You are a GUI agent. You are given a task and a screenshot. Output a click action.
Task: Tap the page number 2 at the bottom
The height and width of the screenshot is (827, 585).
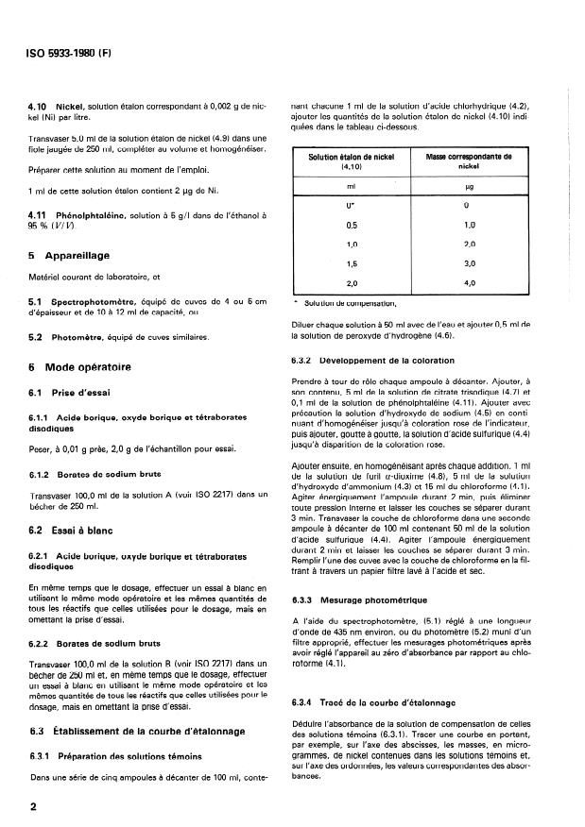pyautogui.click(x=33, y=807)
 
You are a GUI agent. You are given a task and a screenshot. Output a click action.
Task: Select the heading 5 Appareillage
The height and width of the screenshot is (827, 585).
pyautogui.click(x=71, y=255)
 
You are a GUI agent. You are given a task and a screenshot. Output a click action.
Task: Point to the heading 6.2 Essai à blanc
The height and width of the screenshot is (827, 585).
pyautogui.click(x=73, y=531)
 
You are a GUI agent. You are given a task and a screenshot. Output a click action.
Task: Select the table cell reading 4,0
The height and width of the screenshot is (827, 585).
pyautogui.click(x=469, y=282)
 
